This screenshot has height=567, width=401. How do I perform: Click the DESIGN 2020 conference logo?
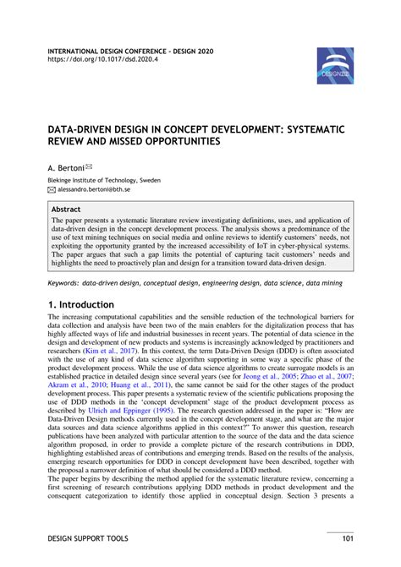click(335, 66)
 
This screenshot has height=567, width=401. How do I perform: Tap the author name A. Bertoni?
click(66, 168)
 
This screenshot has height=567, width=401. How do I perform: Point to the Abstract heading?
click(67, 208)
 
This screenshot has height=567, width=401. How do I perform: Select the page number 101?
click(346, 537)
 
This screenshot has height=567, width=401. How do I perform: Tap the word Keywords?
click(63, 285)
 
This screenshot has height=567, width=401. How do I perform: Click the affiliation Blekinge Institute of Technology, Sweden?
click(103, 180)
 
